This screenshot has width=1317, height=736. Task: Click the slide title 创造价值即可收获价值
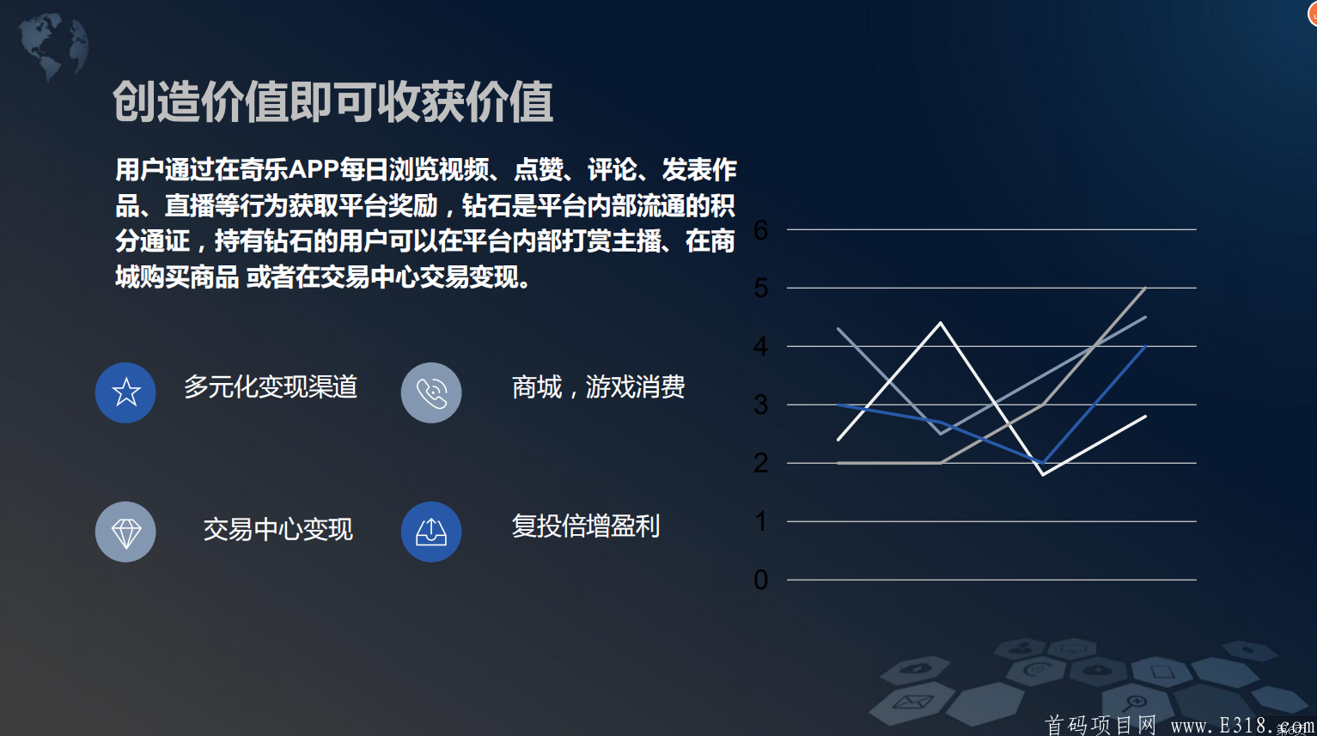332,102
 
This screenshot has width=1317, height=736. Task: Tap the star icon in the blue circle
125,392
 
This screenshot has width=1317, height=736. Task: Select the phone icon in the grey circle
431,392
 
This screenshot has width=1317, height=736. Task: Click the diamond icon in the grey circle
125,532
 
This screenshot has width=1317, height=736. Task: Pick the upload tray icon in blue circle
431,532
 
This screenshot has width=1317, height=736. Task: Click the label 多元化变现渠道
271,387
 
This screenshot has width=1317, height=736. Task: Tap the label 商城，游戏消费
598,387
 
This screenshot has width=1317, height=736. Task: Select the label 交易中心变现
277,529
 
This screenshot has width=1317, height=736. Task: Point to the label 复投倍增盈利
586,526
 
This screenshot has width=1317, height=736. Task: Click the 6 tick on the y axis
760,230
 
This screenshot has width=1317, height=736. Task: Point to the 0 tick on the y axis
760,581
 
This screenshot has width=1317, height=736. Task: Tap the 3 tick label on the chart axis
760,405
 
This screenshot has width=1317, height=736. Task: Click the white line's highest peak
941,323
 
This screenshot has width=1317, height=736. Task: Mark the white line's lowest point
1043,474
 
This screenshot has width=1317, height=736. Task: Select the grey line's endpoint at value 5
1145,288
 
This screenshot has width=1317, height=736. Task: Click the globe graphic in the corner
53,46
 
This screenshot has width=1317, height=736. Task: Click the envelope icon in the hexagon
912,702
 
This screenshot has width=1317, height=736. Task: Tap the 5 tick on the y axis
760,289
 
